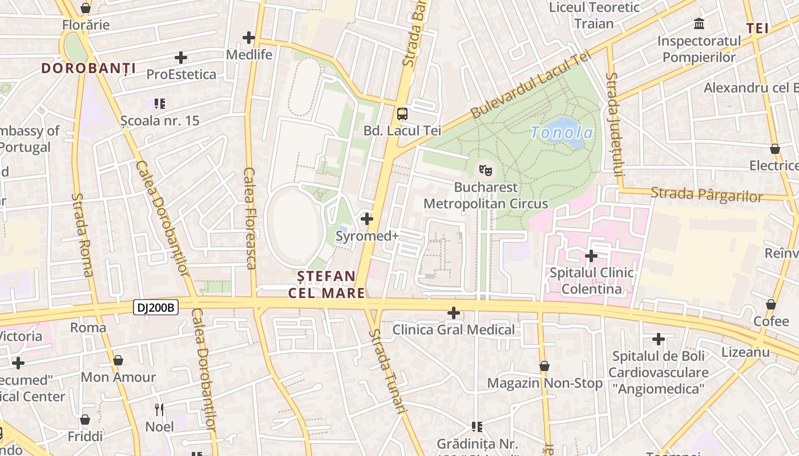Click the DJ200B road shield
point(156,308)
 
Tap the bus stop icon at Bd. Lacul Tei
point(402,113)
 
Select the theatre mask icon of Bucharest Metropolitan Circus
point(486,169)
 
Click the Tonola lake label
point(562,133)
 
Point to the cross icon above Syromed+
point(367,218)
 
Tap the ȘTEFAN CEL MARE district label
point(326,284)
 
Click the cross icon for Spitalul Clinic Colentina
point(591,255)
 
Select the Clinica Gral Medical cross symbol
point(454,312)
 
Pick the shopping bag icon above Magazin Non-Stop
point(544,366)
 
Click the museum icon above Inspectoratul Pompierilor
point(699,24)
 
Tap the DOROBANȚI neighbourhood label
point(88,69)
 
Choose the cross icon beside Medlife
point(249,38)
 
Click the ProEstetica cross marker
point(181,58)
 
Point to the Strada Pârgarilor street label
point(707,194)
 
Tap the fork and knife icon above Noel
point(159,409)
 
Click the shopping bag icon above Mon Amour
point(118,360)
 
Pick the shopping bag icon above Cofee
point(771,304)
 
